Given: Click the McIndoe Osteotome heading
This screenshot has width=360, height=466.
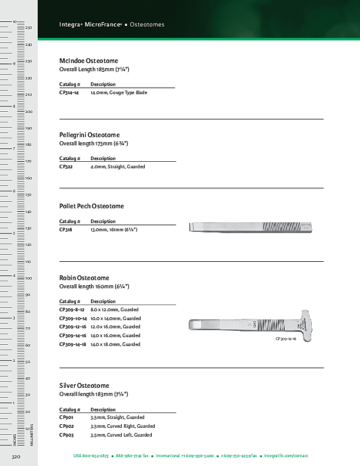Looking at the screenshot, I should [89, 61].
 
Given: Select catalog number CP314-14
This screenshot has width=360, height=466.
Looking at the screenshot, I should [69, 93].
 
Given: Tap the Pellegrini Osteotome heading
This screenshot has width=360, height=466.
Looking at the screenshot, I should [89, 135].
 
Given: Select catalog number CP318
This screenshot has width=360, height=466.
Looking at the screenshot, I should [66, 229].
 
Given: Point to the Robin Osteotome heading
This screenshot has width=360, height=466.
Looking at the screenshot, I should [84, 278].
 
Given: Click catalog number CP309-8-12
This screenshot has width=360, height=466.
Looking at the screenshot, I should [72, 309].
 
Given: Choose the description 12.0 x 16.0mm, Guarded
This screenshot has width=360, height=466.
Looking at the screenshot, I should [115, 327].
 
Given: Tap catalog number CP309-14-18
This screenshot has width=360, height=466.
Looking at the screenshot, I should [73, 344].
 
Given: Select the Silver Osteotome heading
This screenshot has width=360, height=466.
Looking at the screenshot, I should [84, 385].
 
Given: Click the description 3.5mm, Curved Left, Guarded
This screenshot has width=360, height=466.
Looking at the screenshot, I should [121, 435].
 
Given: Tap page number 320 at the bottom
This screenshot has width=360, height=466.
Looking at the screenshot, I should [16, 456].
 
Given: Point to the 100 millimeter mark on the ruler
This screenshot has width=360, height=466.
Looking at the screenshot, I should [28, 278].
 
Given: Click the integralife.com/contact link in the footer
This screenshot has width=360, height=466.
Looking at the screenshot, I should [286, 456].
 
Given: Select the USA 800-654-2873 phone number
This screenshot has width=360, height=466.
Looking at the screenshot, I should [91, 456].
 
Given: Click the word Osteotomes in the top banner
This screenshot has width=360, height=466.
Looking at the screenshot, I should [147, 25].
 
